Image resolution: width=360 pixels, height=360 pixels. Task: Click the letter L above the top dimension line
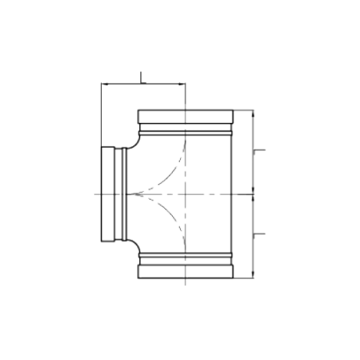pyautogui.click(x=143, y=77)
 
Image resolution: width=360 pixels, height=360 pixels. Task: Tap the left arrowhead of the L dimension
pyautogui.click(x=104, y=84)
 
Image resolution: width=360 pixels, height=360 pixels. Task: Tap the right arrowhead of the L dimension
pyautogui.click(x=182, y=84)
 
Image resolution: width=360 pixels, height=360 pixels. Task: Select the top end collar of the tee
pyautogui.click(x=185, y=117)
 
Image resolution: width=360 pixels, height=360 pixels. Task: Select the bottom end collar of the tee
pyautogui.click(x=185, y=272)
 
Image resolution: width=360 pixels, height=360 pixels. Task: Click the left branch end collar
pyautogui.click(x=108, y=194)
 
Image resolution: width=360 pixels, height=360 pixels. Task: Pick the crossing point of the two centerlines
pyautogui.click(x=185, y=194)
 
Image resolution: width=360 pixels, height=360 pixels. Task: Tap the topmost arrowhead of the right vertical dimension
pyautogui.click(x=253, y=113)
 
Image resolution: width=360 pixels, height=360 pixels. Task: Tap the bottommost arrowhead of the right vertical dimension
pyautogui.click(x=253, y=275)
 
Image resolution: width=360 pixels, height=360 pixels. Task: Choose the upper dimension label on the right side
pyautogui.click(x=259, y=151)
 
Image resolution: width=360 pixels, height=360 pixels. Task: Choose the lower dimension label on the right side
pyautogui.click(x=259, y=235)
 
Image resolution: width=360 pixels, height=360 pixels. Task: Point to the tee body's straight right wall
pyautogui.click(x=232, y=194)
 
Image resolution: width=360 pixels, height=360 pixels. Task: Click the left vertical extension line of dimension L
pyautogui.click(x=101, y=115)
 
